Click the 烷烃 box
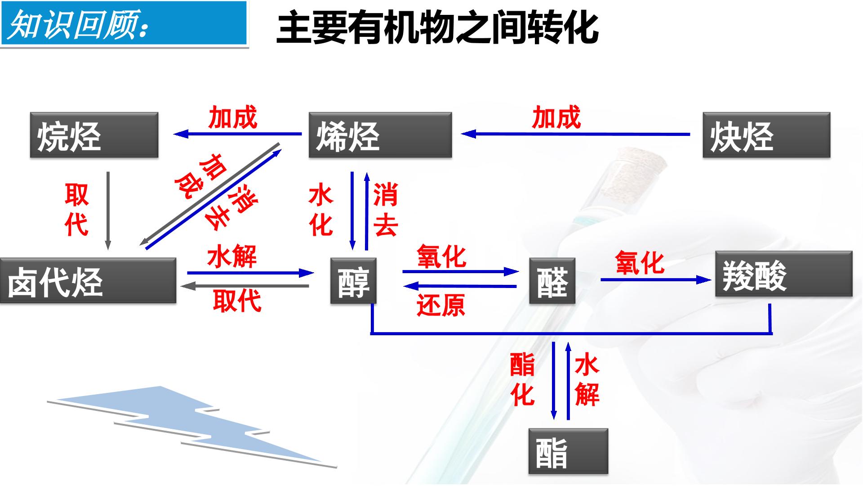point(94,135)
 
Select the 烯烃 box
point(380,135)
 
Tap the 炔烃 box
point(766,135)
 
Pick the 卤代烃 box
point(88,280)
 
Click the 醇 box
point(353,280)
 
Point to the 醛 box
point(552,280)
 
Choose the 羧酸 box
point(784,274)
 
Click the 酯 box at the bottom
point(568,451)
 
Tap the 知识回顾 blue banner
point(124,23)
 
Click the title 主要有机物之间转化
point(437,28)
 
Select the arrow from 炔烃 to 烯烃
point(576,134)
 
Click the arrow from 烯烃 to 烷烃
point(238,134)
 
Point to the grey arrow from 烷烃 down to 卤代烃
point(108,210)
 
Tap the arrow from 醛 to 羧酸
point(656,279)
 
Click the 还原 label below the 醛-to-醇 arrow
point(441,305)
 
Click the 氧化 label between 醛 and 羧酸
point(640,263)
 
